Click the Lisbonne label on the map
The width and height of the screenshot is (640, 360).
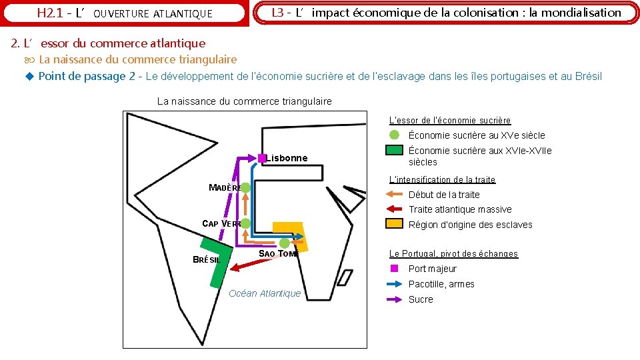[x=287, y=158]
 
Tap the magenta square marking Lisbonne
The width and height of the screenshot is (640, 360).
[x=263, y=158]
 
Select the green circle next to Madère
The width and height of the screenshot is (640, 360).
[x=245, y=188]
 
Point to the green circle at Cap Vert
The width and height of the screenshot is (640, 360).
[x=245, y=223]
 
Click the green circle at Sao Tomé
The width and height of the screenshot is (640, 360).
[x=285, y=243]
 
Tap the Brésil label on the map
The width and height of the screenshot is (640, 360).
[x=206, y=260]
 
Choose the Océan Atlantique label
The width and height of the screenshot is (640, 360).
[x=265, y=293]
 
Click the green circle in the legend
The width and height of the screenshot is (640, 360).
[x=395, y=135]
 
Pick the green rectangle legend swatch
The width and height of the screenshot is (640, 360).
[x=395, y=151]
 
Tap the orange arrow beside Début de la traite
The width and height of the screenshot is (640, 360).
[x=395, y=195]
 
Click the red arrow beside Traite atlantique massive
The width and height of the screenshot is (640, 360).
[x=395, y=209]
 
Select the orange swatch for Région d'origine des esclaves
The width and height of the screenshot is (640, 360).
[x=395, y=224]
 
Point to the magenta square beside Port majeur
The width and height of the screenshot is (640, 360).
[x=395, y=269]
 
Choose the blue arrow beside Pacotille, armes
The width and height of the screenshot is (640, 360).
[x=395, y=284]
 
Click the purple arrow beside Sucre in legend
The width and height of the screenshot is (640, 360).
[x=395, y=299]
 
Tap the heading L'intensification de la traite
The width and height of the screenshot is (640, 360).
[x=442, y=179]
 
